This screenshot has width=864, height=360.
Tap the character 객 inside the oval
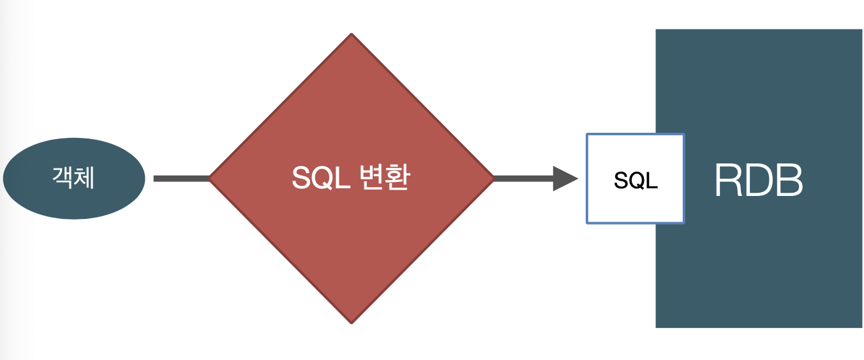63,178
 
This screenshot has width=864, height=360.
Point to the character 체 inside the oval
84,178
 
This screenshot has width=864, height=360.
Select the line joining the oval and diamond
181,179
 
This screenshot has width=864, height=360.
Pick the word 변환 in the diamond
384,178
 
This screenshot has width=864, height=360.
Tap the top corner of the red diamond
352,36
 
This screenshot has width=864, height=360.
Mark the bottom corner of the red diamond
352,322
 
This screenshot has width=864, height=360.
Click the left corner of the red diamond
211,179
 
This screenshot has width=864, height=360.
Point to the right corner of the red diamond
493,179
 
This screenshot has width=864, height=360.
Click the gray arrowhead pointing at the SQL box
565,179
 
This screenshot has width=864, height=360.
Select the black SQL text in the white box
636,181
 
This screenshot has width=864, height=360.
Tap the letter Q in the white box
636,181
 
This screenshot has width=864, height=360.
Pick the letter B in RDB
789,181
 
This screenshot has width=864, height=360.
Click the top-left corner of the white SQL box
588,135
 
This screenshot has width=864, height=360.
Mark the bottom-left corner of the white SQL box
588,222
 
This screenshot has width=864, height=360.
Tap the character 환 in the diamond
397,178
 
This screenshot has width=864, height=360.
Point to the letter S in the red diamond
301,179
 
